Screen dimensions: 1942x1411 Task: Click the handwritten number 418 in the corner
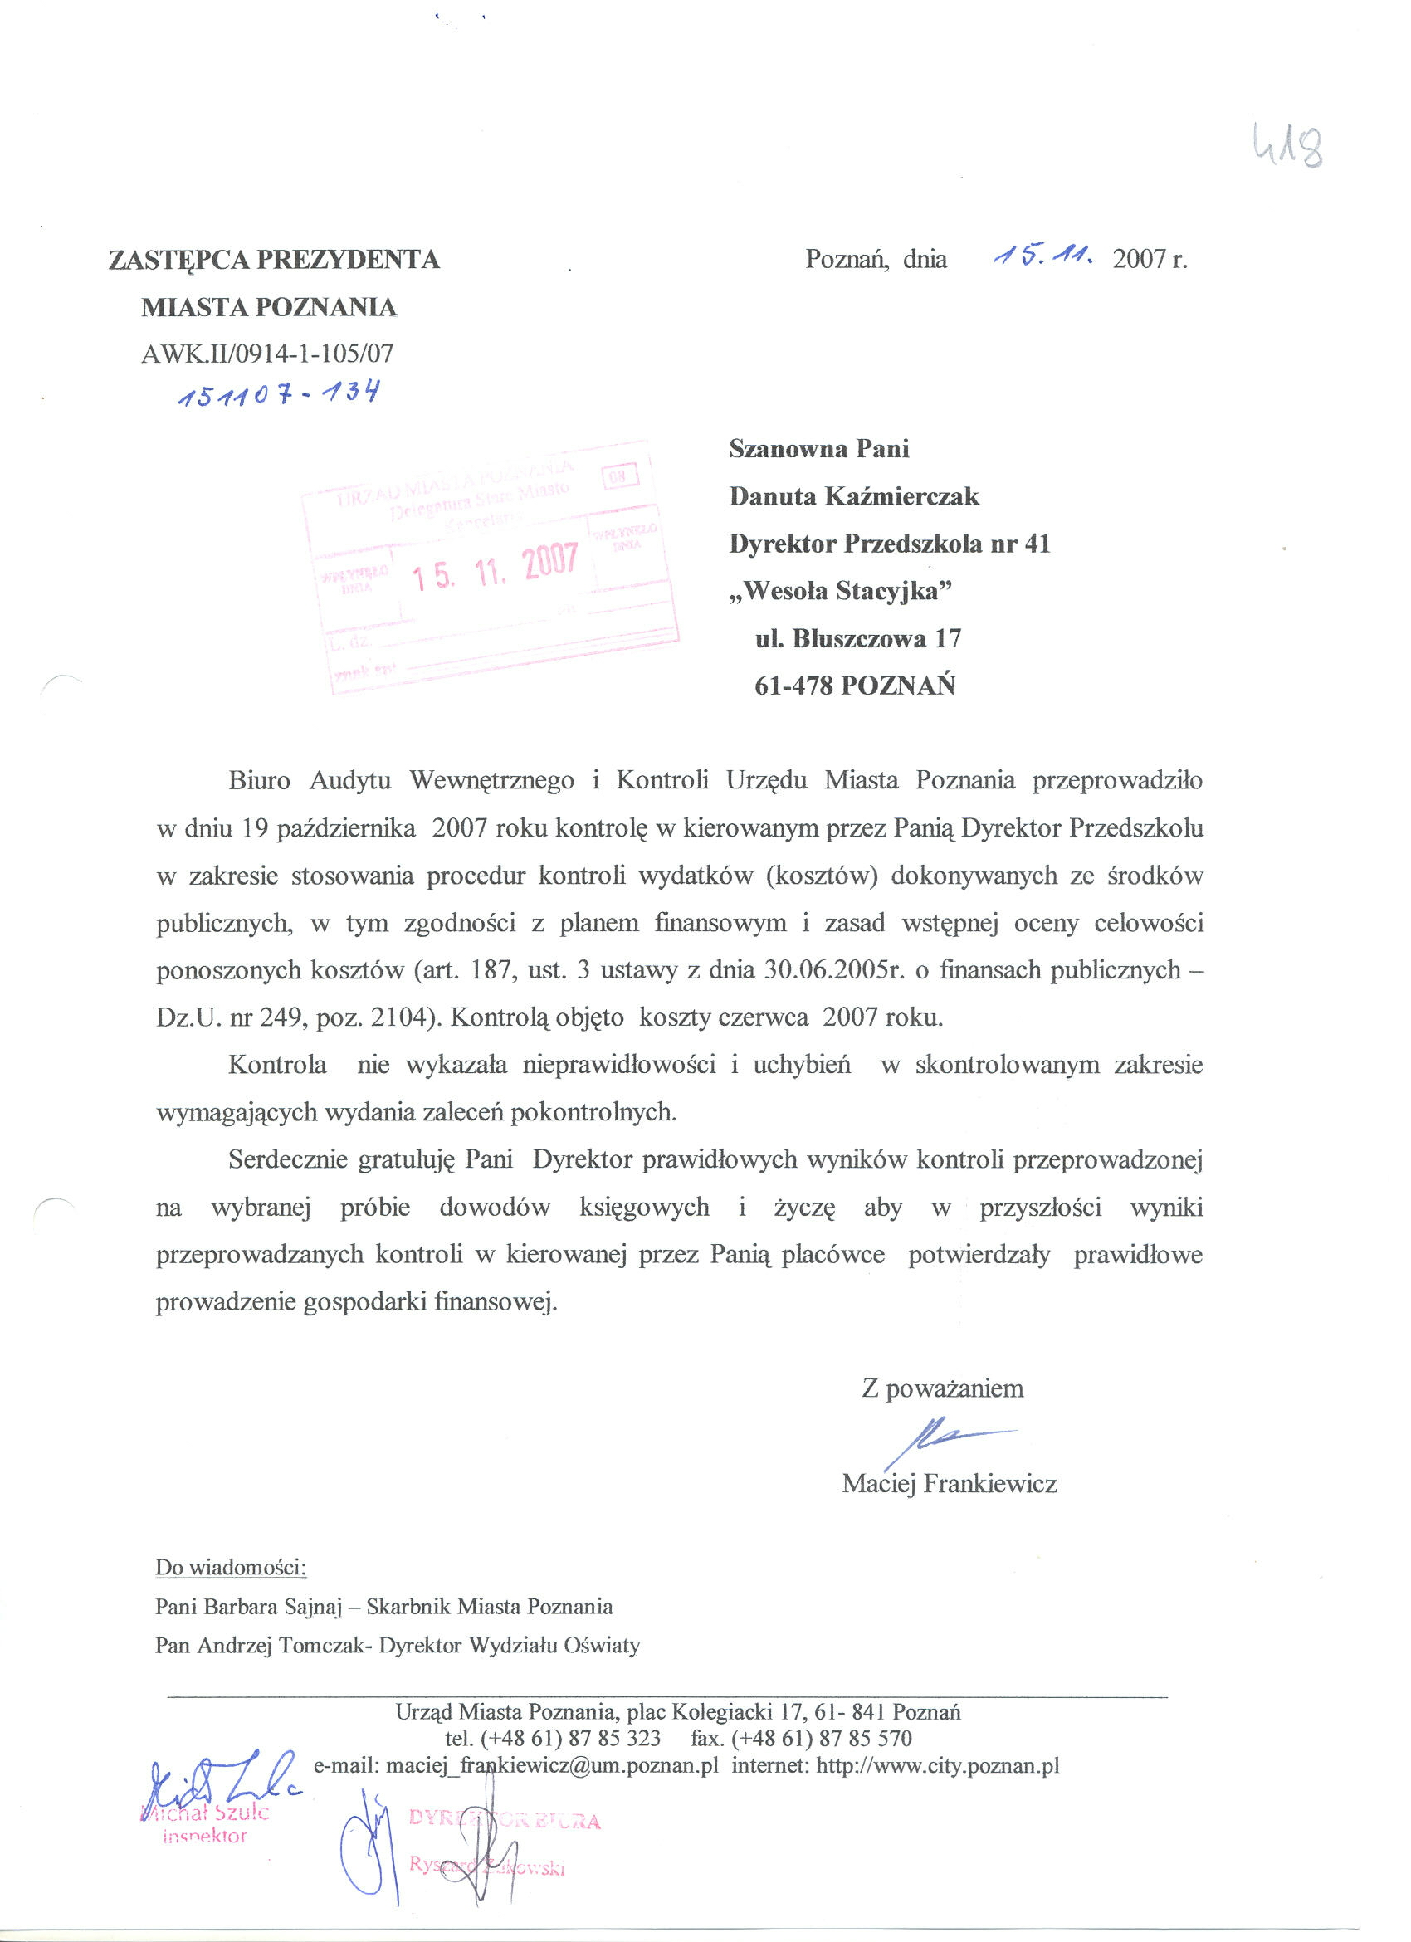[x=1286, y=144]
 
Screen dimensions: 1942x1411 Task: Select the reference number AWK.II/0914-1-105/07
[x=267, y=353]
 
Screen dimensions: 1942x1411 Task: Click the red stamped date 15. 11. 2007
[x=496, y=568]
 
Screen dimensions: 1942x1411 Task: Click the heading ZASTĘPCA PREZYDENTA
[x=274, y=260]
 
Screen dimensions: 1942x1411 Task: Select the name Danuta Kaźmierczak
[x=853, y=496]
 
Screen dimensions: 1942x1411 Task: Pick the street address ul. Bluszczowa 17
[x=858, y=638]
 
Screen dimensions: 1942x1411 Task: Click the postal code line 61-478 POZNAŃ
[x=854, y=686]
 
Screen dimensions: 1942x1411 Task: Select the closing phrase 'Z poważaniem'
[x=943, y=1388]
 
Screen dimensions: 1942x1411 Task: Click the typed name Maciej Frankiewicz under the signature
[x=949, y=1484]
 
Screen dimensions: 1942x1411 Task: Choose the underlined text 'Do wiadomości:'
[x=230, y=1568]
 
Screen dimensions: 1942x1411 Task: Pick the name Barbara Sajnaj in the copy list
[x=275, y=1607]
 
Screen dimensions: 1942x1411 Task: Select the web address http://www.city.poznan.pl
[x=938, y=1765]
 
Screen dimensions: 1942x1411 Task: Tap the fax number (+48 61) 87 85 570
[x=822, y=1738]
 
